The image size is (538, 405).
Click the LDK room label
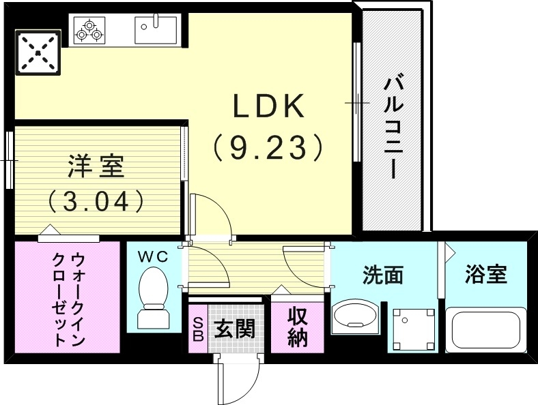pos(268,107)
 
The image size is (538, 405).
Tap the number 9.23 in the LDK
pos(267,145)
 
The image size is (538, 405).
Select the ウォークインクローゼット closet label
pos(68,299)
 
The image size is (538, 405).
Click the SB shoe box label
pos(198,329)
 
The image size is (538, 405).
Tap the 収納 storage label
pos(298,327)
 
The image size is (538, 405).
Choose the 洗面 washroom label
pos(382,275)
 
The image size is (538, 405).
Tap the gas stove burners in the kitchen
pos(90,30)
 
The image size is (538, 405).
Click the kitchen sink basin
pos(156,29)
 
